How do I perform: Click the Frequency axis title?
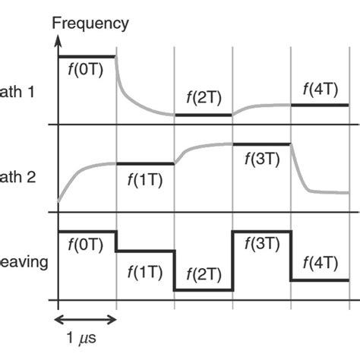point(90,23)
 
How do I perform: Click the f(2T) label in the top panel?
point(203,99)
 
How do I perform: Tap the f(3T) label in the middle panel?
point(262,161)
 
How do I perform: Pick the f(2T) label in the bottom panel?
point(203,274)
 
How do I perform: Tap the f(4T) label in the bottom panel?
point(320,265)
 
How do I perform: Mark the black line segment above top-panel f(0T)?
point(87,55)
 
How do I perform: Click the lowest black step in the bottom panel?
point(203,290)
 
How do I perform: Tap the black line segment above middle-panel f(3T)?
point(262,144)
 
